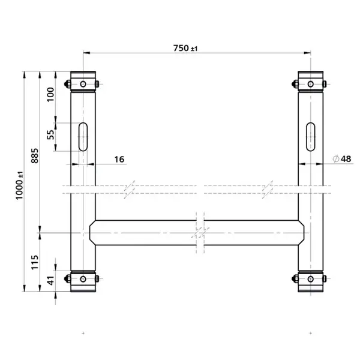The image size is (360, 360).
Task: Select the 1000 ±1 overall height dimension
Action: click(20, 183)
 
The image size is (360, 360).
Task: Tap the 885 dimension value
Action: click(35, 155)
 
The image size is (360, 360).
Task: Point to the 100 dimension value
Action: click(50, 94)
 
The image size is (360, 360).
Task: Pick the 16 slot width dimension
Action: click(118, 159)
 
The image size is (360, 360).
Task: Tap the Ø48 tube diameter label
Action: click(341, 158)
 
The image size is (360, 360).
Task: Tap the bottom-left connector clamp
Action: click(83, 279)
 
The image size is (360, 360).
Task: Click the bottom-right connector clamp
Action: click(311, 279)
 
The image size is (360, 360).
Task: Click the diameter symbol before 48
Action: click(335, 158)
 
